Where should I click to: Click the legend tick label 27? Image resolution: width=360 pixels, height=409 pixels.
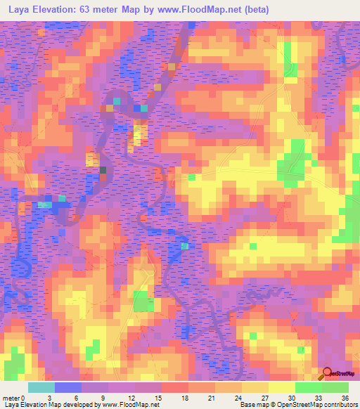[242, 397]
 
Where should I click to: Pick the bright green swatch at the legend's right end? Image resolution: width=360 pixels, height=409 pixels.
[335, 387]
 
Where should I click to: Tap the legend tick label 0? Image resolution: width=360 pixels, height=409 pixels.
[27, 397]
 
